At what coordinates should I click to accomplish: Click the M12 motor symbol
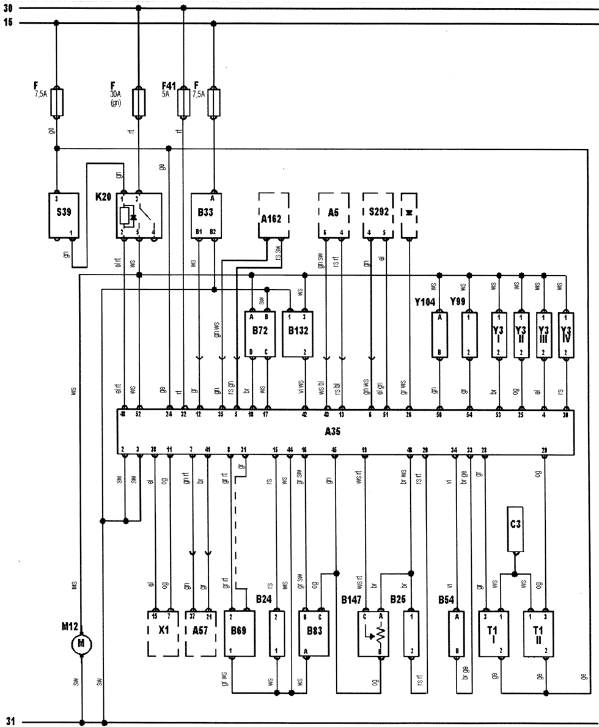81,644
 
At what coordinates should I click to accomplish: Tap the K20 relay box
139,215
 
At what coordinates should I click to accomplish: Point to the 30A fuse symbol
139,102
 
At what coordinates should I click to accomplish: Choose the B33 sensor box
205,215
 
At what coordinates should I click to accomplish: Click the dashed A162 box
273,215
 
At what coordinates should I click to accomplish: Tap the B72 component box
259,334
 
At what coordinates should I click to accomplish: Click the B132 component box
298,334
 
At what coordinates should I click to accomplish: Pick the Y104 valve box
439,334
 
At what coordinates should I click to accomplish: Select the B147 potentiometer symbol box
373,633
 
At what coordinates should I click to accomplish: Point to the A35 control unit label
333,431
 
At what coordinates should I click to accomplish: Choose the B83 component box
312,633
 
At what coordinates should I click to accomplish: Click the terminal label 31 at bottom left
9,722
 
